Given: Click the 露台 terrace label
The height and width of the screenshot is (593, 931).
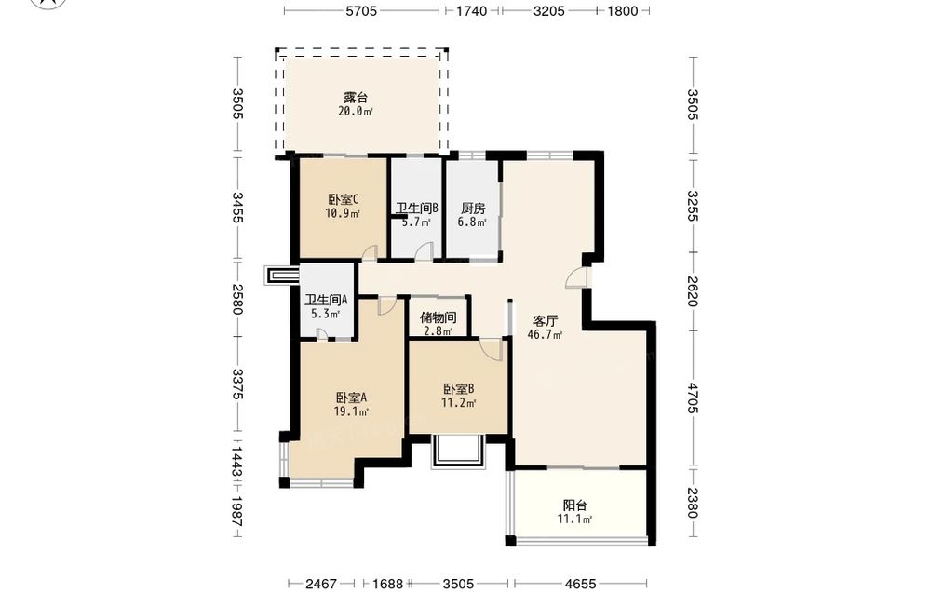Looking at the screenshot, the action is [x=355, y=98].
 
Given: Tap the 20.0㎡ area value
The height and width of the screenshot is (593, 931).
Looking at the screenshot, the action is [x=355, y=111].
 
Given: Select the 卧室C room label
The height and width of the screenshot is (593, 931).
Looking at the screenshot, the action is [x=343, y=199].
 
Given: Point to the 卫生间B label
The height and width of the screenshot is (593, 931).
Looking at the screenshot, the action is [x=417, y=209].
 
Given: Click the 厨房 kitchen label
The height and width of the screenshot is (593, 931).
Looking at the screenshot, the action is [x=473, y=209].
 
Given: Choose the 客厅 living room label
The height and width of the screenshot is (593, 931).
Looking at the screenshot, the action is [x=545, y=321].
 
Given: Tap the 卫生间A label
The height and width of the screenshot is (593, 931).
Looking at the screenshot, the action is [x=325, y=301].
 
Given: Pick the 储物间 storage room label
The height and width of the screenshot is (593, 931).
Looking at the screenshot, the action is [x=439, y=317].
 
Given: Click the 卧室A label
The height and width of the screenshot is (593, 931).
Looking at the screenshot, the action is [x=351, y=398].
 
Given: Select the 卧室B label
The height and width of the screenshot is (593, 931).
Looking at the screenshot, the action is [x=458, y=389].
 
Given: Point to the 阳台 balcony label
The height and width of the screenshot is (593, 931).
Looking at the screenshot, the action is [x=574, y=505].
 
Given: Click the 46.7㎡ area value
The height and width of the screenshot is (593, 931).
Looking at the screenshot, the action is [x=545, y=335].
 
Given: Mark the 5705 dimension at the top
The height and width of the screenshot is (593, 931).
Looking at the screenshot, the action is [x=361, y=10].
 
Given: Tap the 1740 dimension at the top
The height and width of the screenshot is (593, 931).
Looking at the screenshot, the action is [x=471, y=10].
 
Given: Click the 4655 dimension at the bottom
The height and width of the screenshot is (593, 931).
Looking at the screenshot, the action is [x=580, y=584].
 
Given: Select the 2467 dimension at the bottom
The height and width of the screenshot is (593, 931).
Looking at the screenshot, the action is [x=321, y=584].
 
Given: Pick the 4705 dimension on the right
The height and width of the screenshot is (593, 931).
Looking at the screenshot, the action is [x=693, y=398].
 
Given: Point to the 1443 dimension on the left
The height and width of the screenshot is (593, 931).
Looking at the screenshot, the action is [x=236, y=462].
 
